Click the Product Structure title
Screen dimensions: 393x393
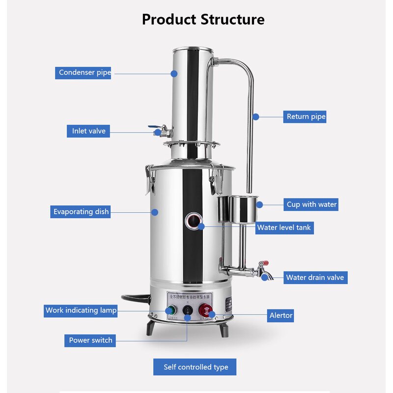tap(203, 20)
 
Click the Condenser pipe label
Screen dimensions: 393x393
tap(83, 73)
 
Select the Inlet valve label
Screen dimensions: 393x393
tap(88, 131)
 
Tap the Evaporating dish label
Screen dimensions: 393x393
tap(81, 212)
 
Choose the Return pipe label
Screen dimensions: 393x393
tap(306, 116)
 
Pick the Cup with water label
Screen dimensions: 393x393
tap(312, 204)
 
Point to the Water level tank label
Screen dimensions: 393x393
tap(284, 228)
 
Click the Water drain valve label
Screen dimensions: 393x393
tap(315, 278)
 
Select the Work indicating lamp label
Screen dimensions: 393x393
tap(81, 310)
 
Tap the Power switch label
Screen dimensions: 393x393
tap(90, 340)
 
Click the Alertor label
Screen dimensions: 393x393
tap(281, 315)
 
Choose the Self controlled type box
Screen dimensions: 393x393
tap(196, 367)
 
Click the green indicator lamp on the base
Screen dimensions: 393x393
tap(170, 310)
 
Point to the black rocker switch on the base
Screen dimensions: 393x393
tap(188, 310)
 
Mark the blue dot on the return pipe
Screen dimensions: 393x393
tap(255, 116)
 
